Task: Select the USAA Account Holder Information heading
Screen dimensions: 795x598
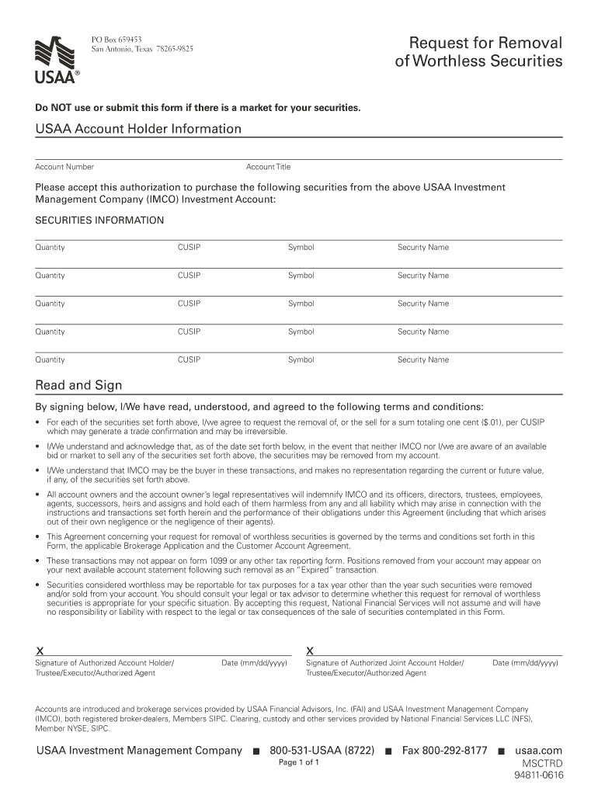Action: (x=138, y=129)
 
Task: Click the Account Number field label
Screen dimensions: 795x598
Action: (x=64, y=167)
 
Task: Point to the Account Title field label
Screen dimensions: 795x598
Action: (x=268, y=167)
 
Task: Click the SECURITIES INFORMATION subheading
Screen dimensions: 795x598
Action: (x=99, y=220)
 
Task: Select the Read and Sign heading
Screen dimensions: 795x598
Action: (x=78, y=386)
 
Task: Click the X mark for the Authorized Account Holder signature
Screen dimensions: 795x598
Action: (x=40, y=650)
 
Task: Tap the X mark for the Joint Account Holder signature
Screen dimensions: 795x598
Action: (x=311, y=650)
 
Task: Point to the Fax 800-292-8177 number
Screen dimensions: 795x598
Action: (x=444, y=751)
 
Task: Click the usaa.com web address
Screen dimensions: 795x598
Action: (x=538, y=751)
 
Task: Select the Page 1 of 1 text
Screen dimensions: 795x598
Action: (x=299, y=762)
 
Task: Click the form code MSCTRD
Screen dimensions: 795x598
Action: (x=542, y=764)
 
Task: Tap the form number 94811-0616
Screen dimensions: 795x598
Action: (x=537, y=776)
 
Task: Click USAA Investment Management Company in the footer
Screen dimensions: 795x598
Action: (x=139, y=751)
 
